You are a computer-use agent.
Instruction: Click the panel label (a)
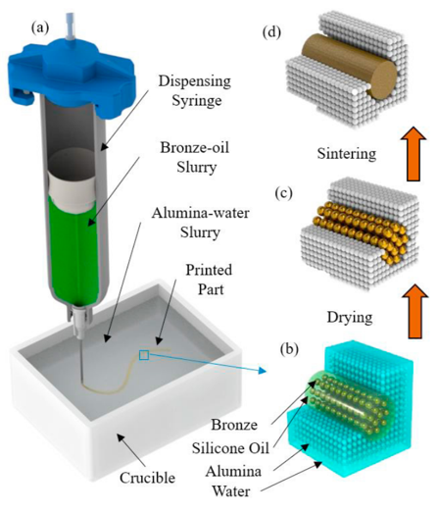pyautogui.click(x=40, y=28)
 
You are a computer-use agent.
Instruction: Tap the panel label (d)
pyautogui.click(x=271, y=33)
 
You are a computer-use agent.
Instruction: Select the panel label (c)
pyautogui.click(x=283, y=193)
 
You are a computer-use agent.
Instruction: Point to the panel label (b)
pyautogui.click(x=290, y=350)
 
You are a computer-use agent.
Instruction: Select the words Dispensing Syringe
pyautogui.click(x=195, y=90)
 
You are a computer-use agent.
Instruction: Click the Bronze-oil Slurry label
pyautogui.click(x=195, y=157)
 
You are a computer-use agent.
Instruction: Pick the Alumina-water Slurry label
pyautogui.click(x=200, y=223)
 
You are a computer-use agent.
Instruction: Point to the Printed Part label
pyautogui.click(x=209, y=280)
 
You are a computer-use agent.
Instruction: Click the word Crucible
pyautogui.click(x=147, y=479)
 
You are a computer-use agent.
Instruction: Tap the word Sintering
pyautogui.click(x=347, y=154)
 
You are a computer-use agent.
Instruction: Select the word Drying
pyautogui.click(x=350, y=317)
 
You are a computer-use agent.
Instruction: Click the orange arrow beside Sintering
pyautogui.click(x=413, y=154)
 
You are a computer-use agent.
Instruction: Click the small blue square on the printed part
pyautogui.click(x=144, y=355)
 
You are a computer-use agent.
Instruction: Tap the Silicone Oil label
pyautogui.click(x=230, y=448)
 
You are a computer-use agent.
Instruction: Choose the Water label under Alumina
pyautogui.click(x=231, y=491)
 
